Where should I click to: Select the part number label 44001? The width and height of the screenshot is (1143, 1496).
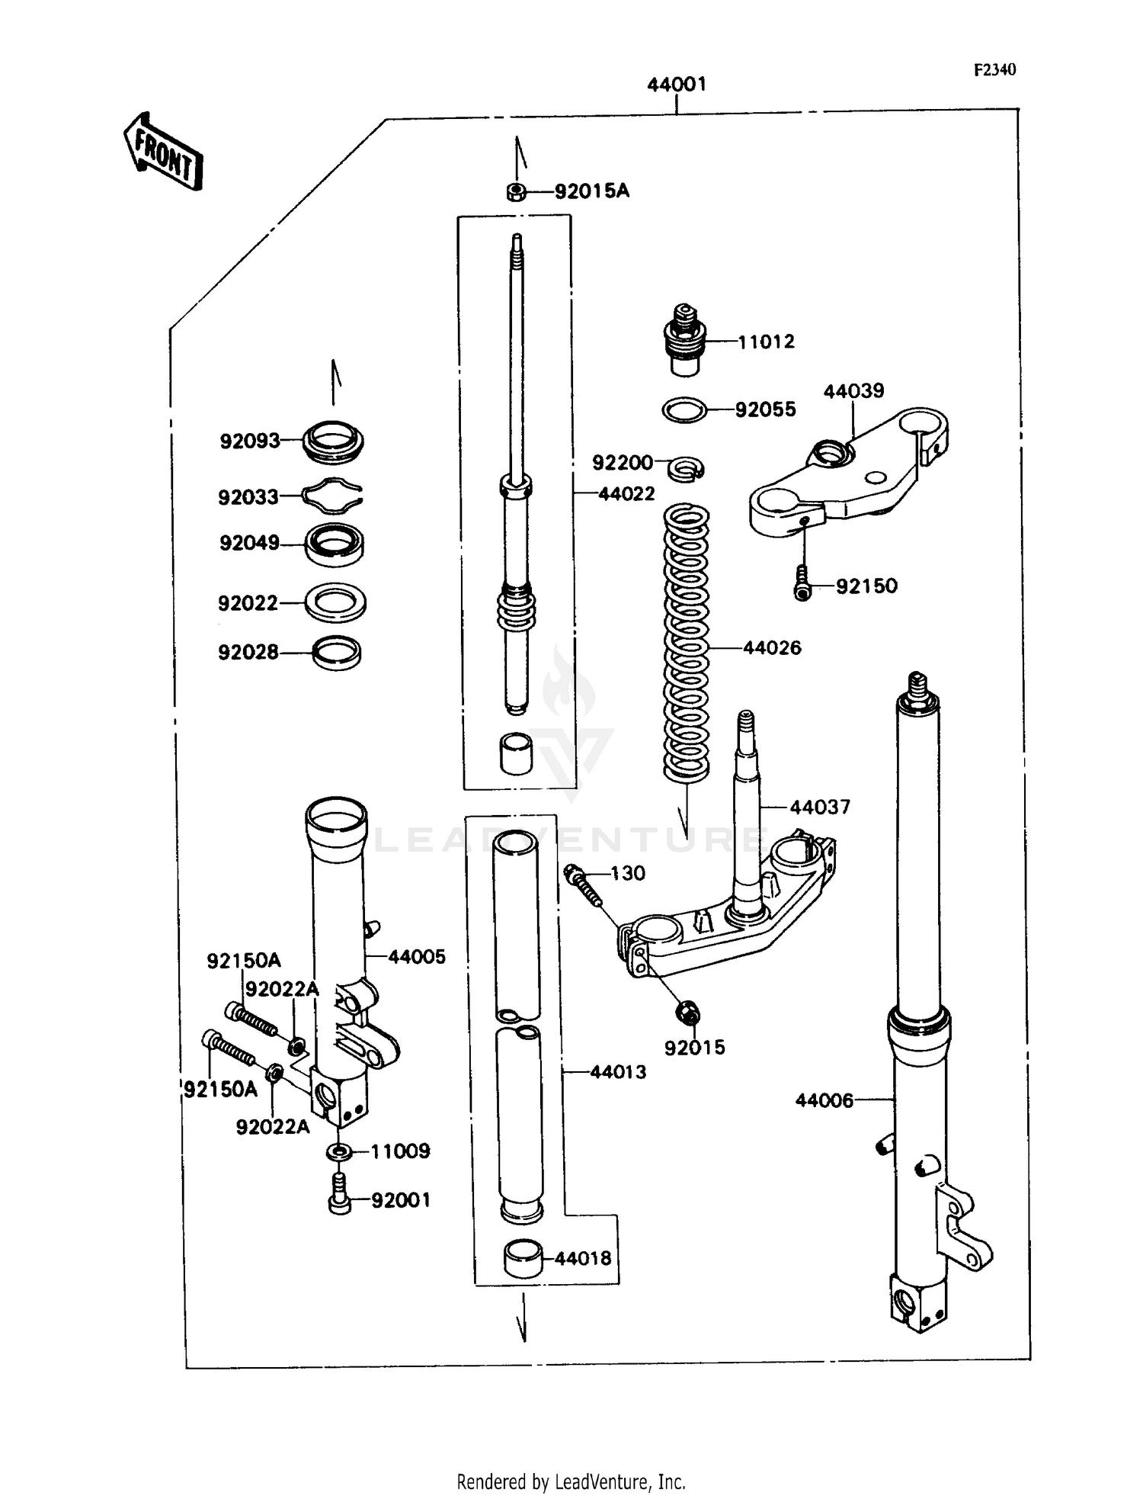point(677,85)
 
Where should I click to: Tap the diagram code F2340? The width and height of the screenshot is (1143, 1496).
point(994,70)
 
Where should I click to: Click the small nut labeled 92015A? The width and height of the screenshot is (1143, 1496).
point(516,191)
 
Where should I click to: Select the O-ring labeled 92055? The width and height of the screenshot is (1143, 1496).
point(684,409)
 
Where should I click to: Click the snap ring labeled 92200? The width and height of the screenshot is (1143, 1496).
point(687,468)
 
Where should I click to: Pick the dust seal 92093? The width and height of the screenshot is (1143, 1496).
point(333,441)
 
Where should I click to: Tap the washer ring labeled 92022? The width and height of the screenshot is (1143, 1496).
point(335,602)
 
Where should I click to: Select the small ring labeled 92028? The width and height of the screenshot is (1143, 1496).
point(337,653)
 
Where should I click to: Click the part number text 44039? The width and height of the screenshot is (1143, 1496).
point(853,391)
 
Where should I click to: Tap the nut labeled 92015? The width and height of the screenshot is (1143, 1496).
point(687,1013)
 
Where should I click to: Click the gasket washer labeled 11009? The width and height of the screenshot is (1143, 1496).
point(339,1151)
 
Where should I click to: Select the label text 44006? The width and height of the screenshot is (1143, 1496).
point(824,1100)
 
